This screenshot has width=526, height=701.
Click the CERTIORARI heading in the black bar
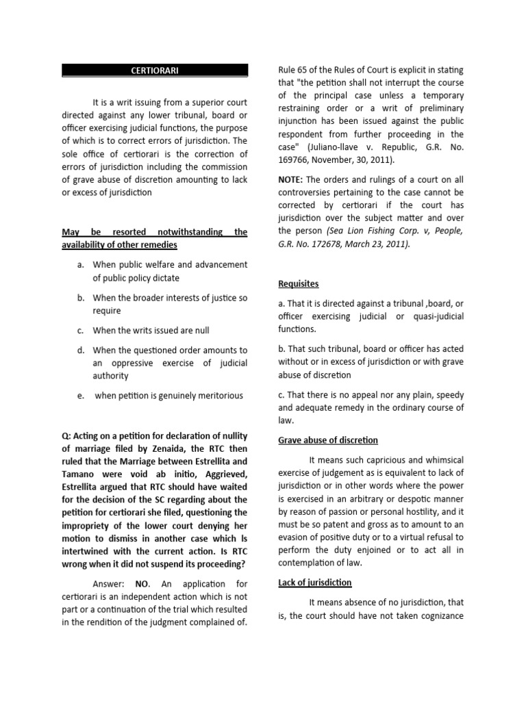coord(155,70)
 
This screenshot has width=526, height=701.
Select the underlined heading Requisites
coord(298,283)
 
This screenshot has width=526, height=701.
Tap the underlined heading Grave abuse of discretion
coord(327,439)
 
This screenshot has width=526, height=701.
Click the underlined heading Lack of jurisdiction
coord(314,583)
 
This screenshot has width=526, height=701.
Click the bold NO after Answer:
coord(142,584)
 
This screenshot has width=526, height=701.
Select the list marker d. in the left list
coord(81,350)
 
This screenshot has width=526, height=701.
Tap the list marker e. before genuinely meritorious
coord(81,396)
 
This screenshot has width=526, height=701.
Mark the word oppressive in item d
coord(129,363)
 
